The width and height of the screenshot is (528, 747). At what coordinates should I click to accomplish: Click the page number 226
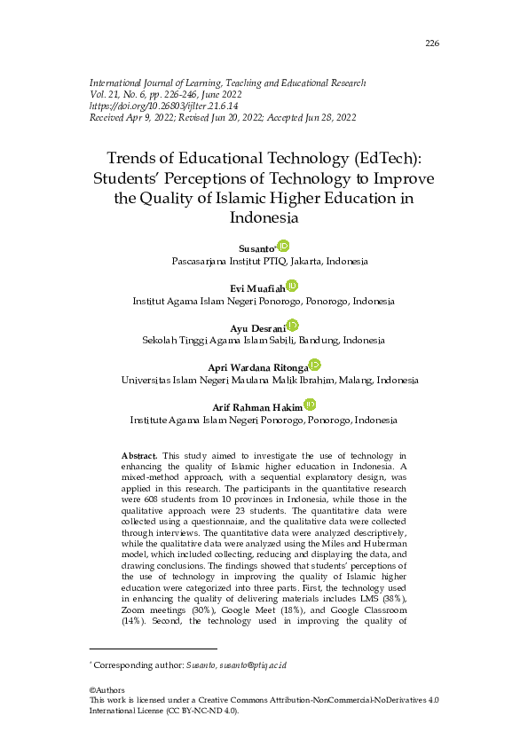tap(432, 43)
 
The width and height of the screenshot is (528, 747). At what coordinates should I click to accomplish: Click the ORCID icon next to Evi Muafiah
tap(292, 286)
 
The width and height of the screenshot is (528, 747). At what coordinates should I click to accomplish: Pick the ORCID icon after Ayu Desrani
tap(293, 326)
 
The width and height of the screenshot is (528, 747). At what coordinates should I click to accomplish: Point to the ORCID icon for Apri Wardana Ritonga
tap(314, 365)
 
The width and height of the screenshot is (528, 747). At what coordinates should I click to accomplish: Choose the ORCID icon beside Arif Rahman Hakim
tap(310, 405)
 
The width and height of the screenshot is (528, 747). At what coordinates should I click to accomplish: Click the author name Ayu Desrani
tap(257, 328)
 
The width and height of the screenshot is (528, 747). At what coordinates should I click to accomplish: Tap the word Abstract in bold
tap(139, 454)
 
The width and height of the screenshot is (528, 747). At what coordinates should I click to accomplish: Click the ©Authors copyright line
tap(107, 689)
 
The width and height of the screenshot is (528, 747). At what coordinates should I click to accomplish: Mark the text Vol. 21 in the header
tap(105, 94)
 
